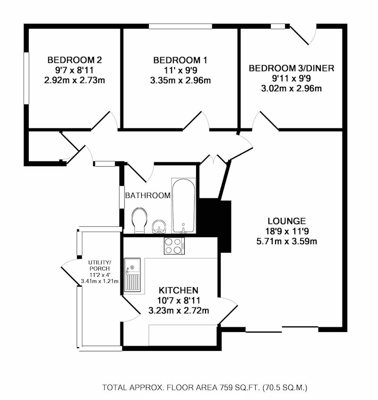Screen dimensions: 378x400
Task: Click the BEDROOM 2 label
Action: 75,60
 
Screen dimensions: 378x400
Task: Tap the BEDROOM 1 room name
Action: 180,60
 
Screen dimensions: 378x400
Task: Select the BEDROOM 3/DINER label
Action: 292,68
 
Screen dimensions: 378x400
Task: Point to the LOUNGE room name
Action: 287,221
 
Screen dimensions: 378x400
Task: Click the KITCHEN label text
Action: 179,290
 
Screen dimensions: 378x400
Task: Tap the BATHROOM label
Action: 148,196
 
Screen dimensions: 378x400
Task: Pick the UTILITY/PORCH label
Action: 100,265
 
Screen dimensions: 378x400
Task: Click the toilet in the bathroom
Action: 139,221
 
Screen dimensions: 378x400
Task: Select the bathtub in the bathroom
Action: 183,205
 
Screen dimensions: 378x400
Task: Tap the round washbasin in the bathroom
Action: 158,227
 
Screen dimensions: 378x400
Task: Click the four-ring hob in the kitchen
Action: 174,246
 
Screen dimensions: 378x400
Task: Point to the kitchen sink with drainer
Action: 132,275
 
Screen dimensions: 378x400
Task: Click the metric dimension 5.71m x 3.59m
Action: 287,241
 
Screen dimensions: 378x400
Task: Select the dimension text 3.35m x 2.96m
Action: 180,81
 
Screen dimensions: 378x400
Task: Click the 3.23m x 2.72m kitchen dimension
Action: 179,310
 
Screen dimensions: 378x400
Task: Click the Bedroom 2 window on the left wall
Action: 26,78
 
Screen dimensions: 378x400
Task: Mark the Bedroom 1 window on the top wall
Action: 180,26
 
